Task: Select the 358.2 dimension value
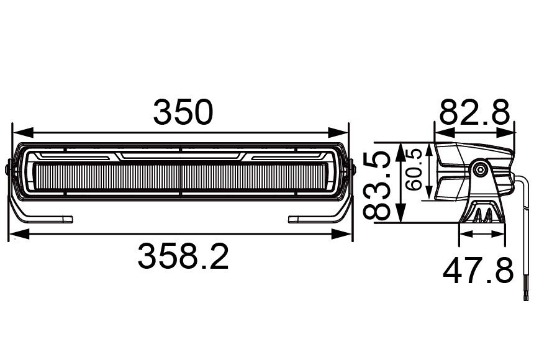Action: pyautogui.click(x=183, y=256)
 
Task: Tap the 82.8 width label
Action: pyautogui.click(x=475, y=113)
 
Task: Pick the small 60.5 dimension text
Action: pyautogui.click(x=414, y=169)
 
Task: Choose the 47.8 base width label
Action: pyautogui.click(x=478, y=271)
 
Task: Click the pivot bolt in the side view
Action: pyautogui.click(x=479, y=169)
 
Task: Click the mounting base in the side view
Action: pyautogui.click(x=482, y=212)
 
